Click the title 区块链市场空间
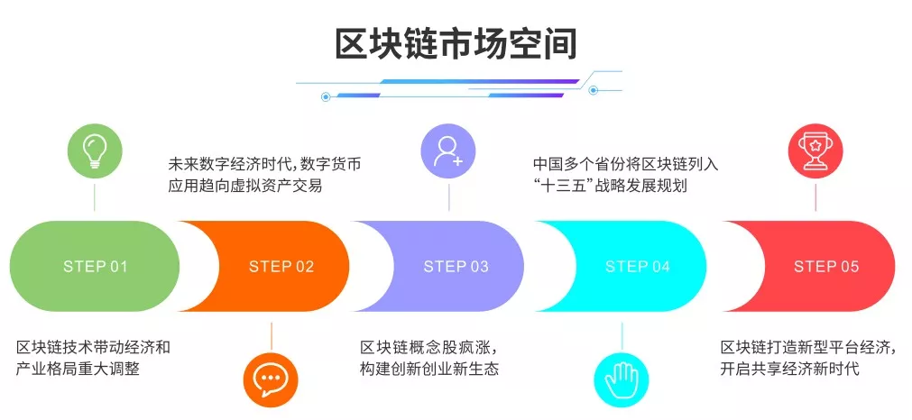[456, 42]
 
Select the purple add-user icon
[447, 150]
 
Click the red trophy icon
[815, 150]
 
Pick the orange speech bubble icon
[271, 378]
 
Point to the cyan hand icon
[621, 378]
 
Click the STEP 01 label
[96, 267]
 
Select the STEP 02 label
[281, 267]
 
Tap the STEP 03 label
[456, 267]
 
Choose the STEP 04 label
[638, 267]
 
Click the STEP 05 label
[826, 267]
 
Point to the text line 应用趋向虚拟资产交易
[245, 187]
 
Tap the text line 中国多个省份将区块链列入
[626, 165]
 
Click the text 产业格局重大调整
[78, 369]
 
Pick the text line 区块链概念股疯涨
[428, 347]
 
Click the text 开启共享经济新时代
[789, 369]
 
